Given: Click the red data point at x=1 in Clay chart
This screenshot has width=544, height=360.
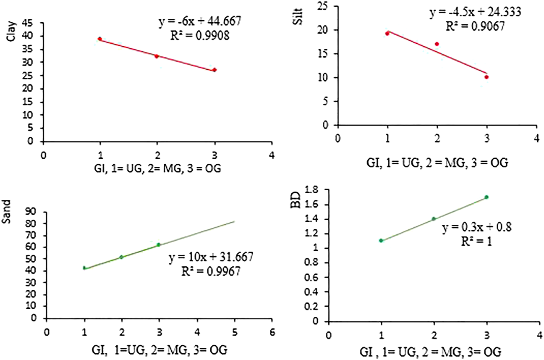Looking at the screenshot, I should [x=100, y=39].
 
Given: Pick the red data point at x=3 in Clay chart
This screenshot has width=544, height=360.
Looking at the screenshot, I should [x=214, y=70].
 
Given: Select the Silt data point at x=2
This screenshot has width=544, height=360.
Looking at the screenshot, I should [x=437, y=44].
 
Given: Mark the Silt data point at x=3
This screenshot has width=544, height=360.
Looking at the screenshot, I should [x=486, y=77].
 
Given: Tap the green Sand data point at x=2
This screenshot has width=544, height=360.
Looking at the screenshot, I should [x=121, y=257].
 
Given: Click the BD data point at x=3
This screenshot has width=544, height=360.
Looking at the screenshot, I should [x=486, y=197].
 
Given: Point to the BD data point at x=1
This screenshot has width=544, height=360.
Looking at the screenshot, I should [x=381, y=240].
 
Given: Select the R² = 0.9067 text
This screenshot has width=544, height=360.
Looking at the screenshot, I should [x=474, y=26].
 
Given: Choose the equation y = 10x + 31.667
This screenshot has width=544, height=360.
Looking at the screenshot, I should [x=211, y=257].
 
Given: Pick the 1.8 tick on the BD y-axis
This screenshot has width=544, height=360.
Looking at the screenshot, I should [x=315, y=190].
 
